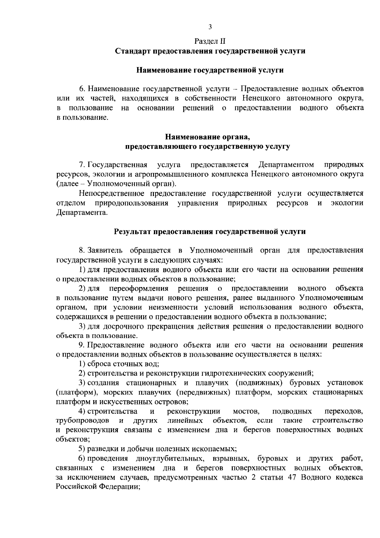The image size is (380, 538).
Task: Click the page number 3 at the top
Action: (x=210, y=27)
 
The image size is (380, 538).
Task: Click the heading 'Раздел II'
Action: (x=210, y=41)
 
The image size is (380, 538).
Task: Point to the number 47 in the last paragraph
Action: (x=292, y=477)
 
